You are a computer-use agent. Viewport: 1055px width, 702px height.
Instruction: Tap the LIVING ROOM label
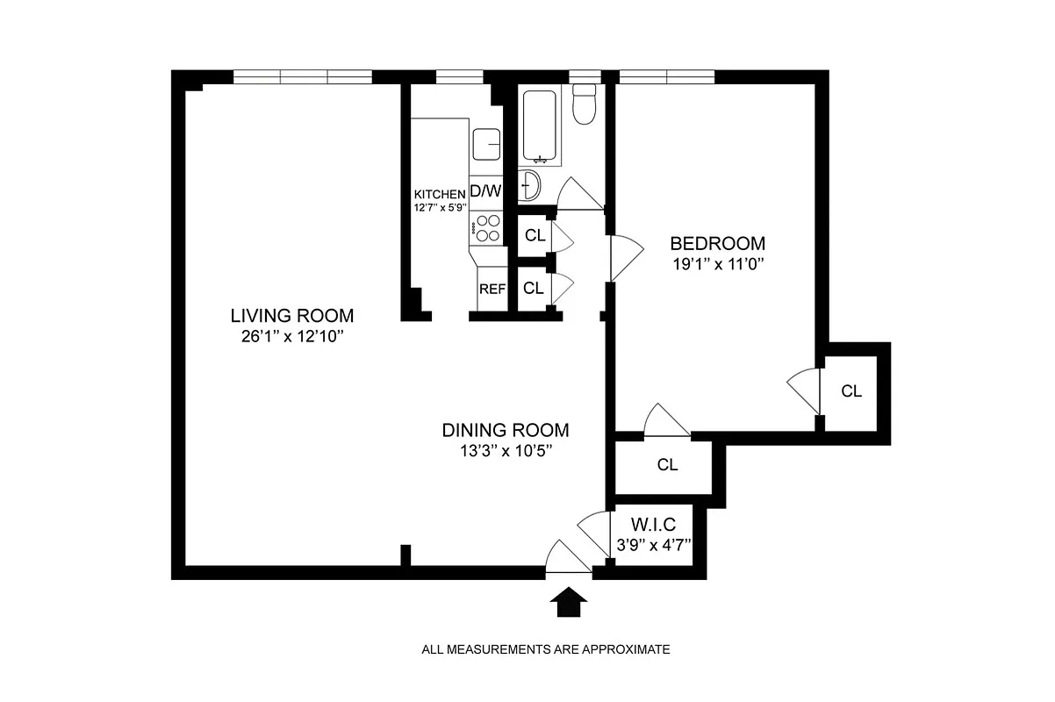pos(292,315)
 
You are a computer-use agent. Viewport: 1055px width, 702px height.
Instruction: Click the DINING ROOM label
pos(506,430)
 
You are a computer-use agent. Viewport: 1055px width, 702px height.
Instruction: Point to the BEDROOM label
pos(717,243)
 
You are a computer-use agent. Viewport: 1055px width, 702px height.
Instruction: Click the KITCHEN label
pos(440,195)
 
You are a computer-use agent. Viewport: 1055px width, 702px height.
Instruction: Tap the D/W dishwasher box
pos(486,190)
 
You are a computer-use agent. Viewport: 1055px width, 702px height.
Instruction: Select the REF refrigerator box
pos(492,289)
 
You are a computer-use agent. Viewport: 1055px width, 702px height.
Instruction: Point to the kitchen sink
pos(486,144)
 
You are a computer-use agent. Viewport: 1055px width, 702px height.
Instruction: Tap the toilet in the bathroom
pos(584,104)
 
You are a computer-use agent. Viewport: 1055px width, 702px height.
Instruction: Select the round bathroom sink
pos(531,185)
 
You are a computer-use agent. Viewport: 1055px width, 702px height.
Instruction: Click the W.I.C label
pos(653,525)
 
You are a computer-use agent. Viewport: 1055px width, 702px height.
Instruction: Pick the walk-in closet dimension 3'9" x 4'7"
pos(653,543)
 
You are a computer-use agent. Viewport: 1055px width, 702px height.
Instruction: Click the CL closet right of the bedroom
pos(851,391)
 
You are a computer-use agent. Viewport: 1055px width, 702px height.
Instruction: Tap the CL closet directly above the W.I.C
pos(667,465)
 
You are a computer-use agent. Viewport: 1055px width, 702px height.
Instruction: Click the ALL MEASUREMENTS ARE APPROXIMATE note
pos(546,650)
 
